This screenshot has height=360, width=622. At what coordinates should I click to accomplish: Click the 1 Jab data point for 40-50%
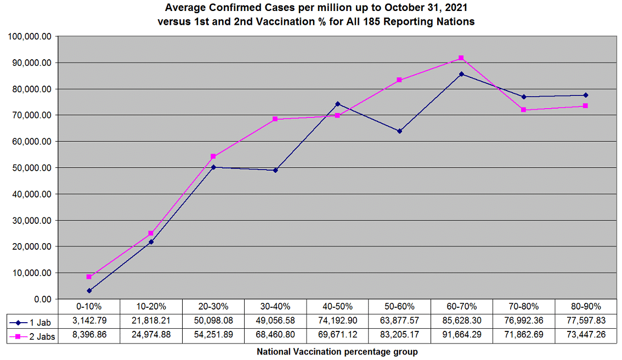(x=337, y=104)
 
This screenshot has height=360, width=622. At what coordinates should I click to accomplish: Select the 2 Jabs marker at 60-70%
(x=461, y=58)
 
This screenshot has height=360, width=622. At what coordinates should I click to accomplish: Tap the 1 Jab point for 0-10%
(x=89, y=291)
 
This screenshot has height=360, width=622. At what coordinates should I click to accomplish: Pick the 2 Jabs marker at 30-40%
(x=275, y=119)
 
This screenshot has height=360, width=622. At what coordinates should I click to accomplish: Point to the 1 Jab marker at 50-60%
(x=399, y=131)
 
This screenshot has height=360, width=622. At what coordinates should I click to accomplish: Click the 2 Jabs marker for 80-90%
(x=586, y=106)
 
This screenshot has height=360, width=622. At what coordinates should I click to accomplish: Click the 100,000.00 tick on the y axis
(x=30, y=37)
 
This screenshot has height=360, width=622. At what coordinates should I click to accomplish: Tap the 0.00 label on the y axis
(x=42, y=299)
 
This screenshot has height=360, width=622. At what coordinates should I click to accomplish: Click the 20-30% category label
(x=213, y=307)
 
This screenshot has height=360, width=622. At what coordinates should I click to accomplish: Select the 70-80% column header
(x=523, y=307)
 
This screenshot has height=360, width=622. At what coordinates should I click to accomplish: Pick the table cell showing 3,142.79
(x=89, y=322)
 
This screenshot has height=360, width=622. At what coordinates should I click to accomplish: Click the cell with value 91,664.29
(x=461, y=336)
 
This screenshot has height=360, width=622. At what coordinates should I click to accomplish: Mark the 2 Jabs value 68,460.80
(x=275, y=336)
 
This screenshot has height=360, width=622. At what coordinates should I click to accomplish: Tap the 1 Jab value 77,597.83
(x=586, y=322)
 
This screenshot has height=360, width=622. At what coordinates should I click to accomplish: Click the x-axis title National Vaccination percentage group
(x=337, y=352)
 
